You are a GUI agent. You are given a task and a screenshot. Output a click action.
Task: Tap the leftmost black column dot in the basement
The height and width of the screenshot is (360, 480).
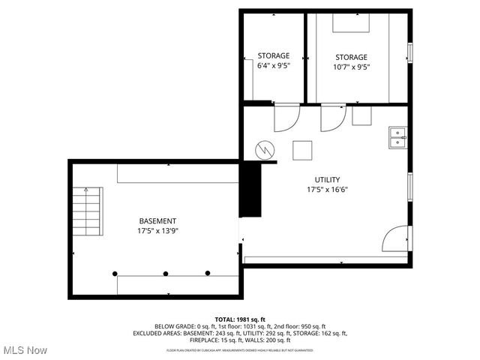[x=115, y=273]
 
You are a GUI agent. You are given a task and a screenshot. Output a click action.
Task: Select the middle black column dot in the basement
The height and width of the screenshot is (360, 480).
[x=166, y=273]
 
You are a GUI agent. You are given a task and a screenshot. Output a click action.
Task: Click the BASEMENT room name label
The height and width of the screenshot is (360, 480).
[x=157, y=220]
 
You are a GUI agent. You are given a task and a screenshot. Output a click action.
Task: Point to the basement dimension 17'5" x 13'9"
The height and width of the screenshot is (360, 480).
[x=157, y=231]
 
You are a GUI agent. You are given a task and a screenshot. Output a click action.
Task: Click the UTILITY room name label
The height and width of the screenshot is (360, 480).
[x=327, y=179]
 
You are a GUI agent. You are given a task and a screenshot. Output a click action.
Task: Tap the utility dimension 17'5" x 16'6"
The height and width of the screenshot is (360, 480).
[x=327, y=190]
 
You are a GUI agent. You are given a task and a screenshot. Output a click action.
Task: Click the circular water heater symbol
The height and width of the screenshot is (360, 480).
[x=265, y=149]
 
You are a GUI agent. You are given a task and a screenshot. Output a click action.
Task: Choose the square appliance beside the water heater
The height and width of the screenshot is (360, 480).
[x=302, y=149]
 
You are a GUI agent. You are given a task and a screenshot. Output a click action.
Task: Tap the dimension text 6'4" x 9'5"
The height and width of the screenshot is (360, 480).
[x=274, y=66]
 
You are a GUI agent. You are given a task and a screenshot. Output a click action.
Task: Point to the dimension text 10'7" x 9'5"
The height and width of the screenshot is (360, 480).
[x=351, y=67]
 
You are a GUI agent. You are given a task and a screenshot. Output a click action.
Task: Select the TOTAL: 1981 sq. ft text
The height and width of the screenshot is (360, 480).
[x=240, y=319]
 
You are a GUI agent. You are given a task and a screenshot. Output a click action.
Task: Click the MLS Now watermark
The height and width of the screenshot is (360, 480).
[x=25, y=350]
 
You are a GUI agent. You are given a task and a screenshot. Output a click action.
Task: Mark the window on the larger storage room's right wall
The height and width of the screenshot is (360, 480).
[x=409, y=52]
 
